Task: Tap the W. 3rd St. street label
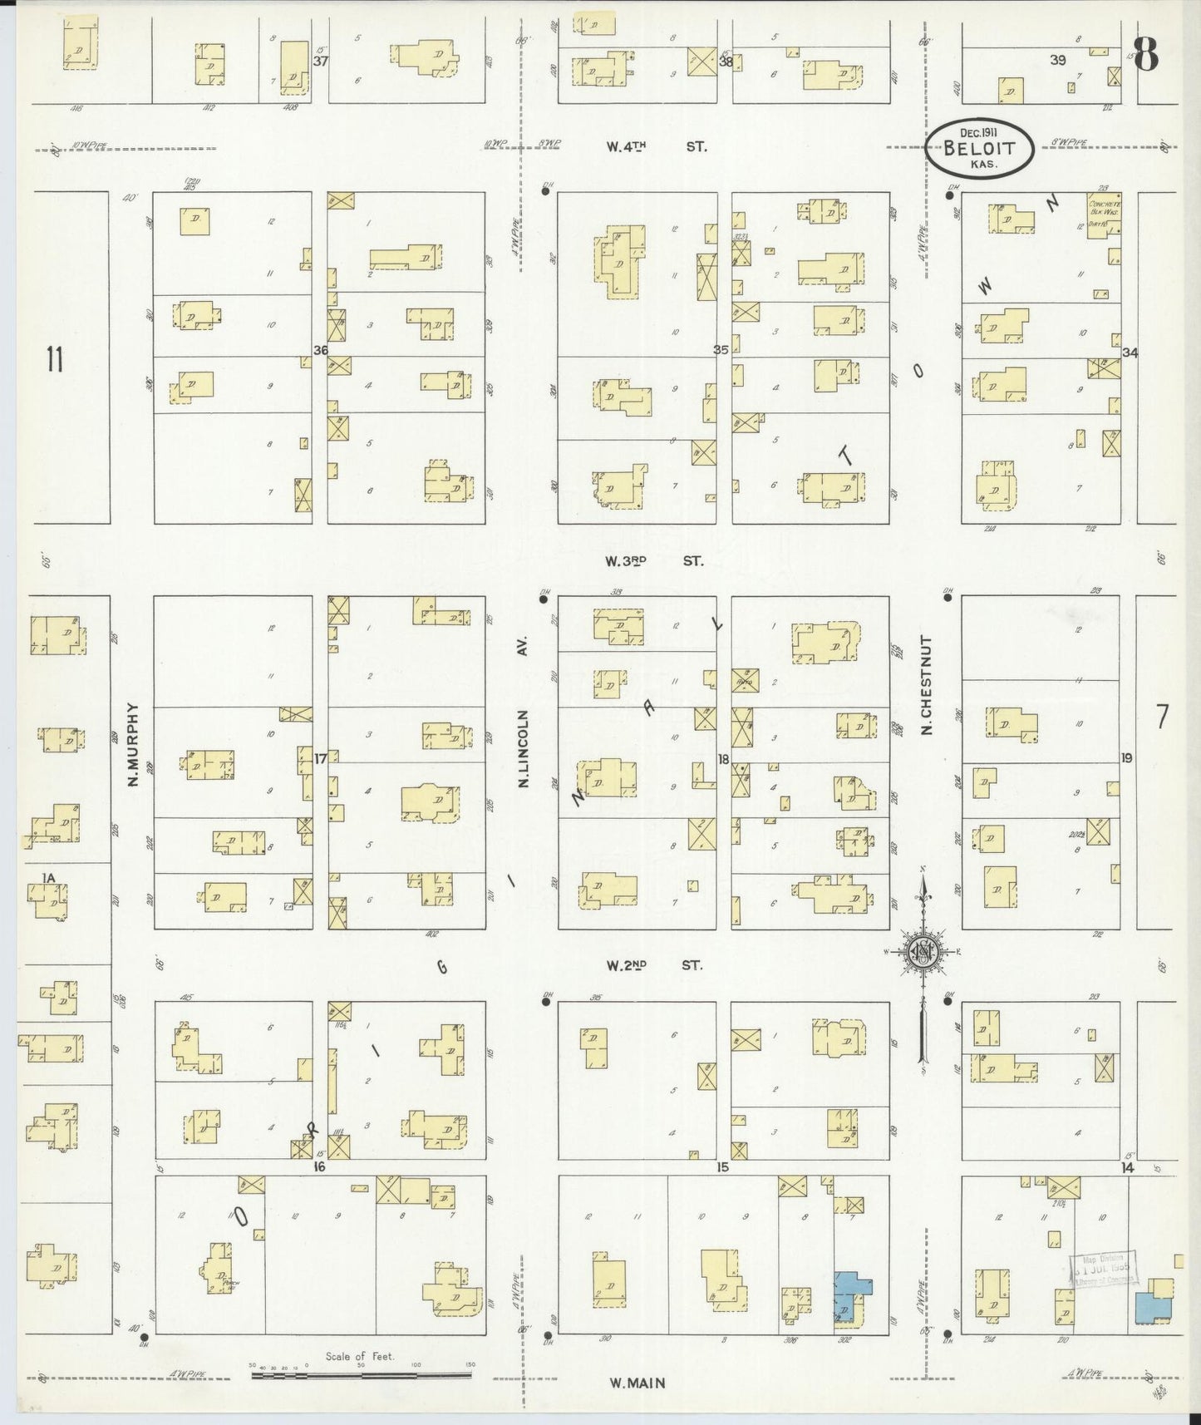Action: tap(654, 561)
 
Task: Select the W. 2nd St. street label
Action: tap(654, 965)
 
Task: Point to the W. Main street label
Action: tap(637, 1383)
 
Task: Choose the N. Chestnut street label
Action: tap(927, 686)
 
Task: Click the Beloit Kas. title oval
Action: tap(982, 149)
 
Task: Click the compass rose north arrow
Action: tap(923, 952)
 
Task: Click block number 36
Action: tap(321, 350)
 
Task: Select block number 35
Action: tap(721, 350)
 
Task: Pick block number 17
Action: tap(321, 757)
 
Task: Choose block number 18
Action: tap(723, 758)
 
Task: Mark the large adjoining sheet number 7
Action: tap(1161, 716)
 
